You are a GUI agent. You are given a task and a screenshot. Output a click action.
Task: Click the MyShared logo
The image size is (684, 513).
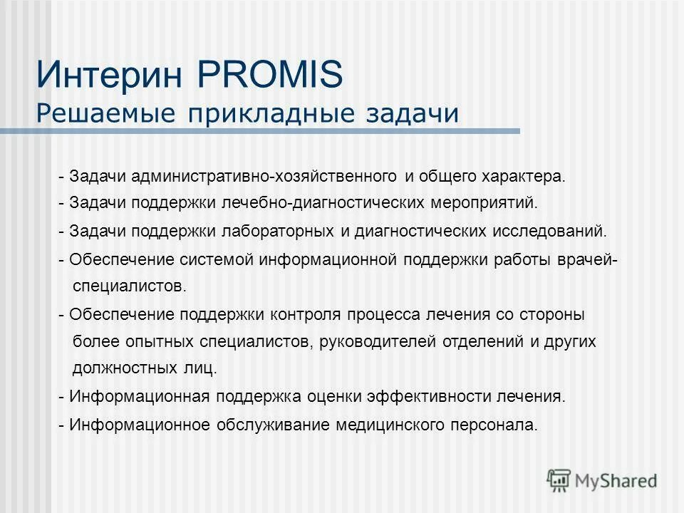(602, 480)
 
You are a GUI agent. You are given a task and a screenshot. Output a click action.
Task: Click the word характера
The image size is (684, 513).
(527, 176)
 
